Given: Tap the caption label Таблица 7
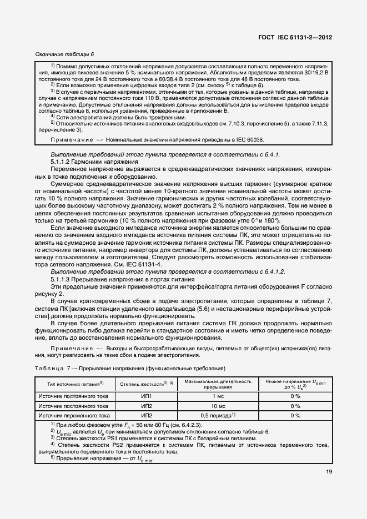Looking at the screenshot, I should click(49, 369).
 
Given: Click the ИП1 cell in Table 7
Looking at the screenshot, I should click(147, 396).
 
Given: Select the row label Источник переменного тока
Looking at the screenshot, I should click(73, 415).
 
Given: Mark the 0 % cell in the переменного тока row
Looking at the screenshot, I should click(295, 415).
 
